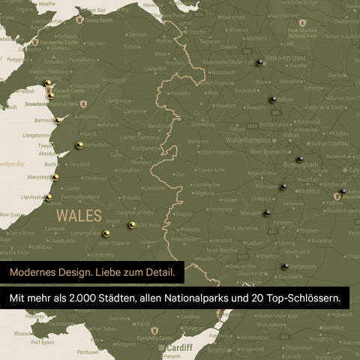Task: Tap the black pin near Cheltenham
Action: point(285,265)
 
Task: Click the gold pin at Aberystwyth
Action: point(55,177)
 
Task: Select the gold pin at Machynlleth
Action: point(79,145)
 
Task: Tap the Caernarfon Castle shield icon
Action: point(34,42)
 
